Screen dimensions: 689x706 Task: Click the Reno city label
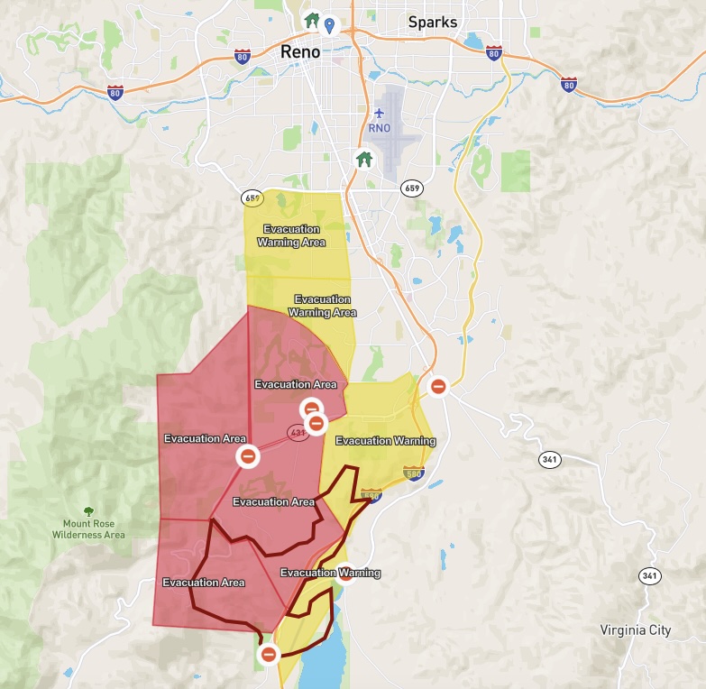[x=300, y=52]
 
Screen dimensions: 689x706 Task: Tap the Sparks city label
[x=433, y=22]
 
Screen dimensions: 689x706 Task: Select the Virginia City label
[x=636, y=630]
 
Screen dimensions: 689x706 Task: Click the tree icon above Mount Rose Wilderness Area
[x=88, y=511]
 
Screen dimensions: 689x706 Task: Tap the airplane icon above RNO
[x=380, y=113]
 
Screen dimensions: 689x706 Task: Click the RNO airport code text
[x=380, y=128]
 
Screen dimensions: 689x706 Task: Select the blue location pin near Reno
[x=330, y=23]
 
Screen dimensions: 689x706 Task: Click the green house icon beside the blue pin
[x=312, y=19]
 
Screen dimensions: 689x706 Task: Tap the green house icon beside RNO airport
[x=364, y=159]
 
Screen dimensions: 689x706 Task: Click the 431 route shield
[x=298, y=433]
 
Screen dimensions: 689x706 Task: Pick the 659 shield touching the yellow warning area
[x=252, y=198]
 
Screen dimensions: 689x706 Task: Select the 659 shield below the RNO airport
[x=412, y=188]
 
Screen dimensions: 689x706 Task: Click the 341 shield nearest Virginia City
[x=648, y=575]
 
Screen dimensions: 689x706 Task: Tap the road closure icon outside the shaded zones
[x=438, y=386]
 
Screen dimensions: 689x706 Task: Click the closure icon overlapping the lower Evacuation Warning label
[x=345, y=572]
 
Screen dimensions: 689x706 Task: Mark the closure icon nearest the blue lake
[x=268, y=654]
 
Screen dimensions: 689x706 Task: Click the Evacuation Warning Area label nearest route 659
[x=291, y=235]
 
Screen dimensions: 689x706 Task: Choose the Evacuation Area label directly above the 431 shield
[x=296, y=384]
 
